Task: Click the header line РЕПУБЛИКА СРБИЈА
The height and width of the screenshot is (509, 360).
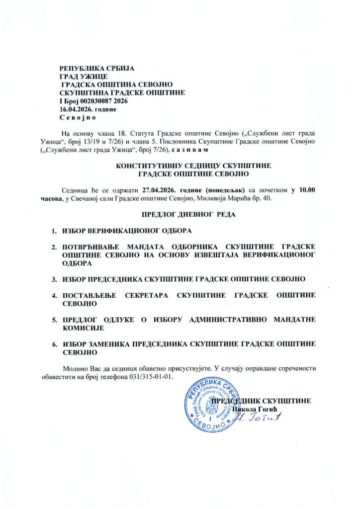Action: (97, 68)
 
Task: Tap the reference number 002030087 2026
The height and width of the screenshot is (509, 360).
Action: (106, 101)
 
